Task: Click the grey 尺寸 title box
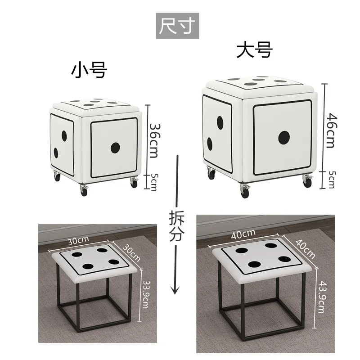[x=177, y=26]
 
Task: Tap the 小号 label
[x=89, y=71]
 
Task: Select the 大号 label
[x=255, y=49]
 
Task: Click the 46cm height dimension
[x=332, y=130]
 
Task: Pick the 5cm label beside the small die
[x=154, y=182]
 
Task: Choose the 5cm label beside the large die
[x=331, y=180]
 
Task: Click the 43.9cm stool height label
[x=322, y=297]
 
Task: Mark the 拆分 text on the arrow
[x=176, y=226]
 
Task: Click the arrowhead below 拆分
[x=175, y=290]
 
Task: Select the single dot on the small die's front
[x=115, y=148]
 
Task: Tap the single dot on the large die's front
[x=284, y=138]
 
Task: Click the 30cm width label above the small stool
[x=78, y=240]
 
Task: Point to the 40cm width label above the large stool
[x=243, y=234]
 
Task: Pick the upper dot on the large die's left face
[x=220, y=122]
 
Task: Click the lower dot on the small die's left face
[x=56, y=153]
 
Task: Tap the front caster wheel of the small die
[x=84, y=191]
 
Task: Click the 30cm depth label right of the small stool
[x=131, y=253]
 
